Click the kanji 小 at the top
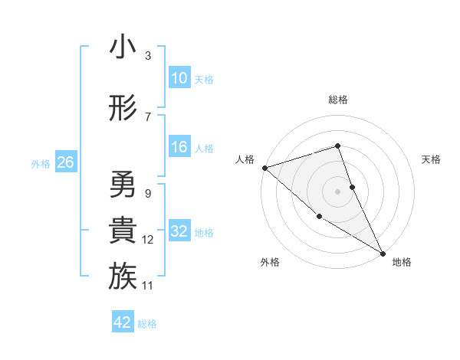point(123,47)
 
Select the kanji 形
point(123,109)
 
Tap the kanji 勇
point(123,185)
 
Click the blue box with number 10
point(179,78)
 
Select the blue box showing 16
point(179,148)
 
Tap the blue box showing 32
point(179,231)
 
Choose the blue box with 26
point(65,162)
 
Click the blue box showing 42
point(123,322)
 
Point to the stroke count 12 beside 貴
point(148,240)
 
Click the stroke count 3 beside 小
point(148,56)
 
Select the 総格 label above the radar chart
point(338,100)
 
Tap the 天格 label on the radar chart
point(432,159)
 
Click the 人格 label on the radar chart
point(245,159)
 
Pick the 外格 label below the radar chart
point(270,262)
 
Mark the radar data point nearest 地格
point(383,253)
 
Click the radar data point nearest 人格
point(264,167)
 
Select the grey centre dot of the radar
point(337,191)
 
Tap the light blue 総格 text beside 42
point(147,324)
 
